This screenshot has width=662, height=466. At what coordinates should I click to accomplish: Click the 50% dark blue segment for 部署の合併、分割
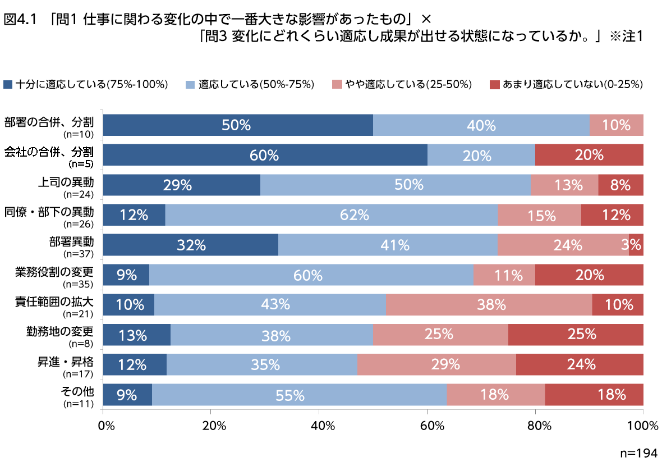[x=238, y=125]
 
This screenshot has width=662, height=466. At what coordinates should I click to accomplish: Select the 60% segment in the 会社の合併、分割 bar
[x=265, y=155]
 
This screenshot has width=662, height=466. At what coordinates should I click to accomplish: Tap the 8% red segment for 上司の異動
[x=620, y=185]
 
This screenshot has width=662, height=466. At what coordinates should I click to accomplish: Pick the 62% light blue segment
[x=331, y=214]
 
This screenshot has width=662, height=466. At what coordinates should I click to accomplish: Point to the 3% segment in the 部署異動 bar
[x=636, y=245]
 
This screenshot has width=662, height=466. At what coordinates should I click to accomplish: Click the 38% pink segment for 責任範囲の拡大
[x=489, y=304]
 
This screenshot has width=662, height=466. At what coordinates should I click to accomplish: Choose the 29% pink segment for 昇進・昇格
[x=436, y=364]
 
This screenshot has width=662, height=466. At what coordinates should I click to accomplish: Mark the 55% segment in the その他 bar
[x=299, y=395]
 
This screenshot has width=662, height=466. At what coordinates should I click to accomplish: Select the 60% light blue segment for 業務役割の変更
[x=311, y=275]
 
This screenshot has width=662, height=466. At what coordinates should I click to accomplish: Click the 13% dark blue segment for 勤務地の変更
[x=137, y=335]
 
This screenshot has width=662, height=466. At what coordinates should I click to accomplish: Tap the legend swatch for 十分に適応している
[x=7, y=85]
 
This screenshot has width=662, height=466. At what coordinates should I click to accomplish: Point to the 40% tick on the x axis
[x=319, y=425]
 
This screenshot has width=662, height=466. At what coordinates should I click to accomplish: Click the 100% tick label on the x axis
[x=643, y=425]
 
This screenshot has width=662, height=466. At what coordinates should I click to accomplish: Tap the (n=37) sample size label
[x=78, y=254]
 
